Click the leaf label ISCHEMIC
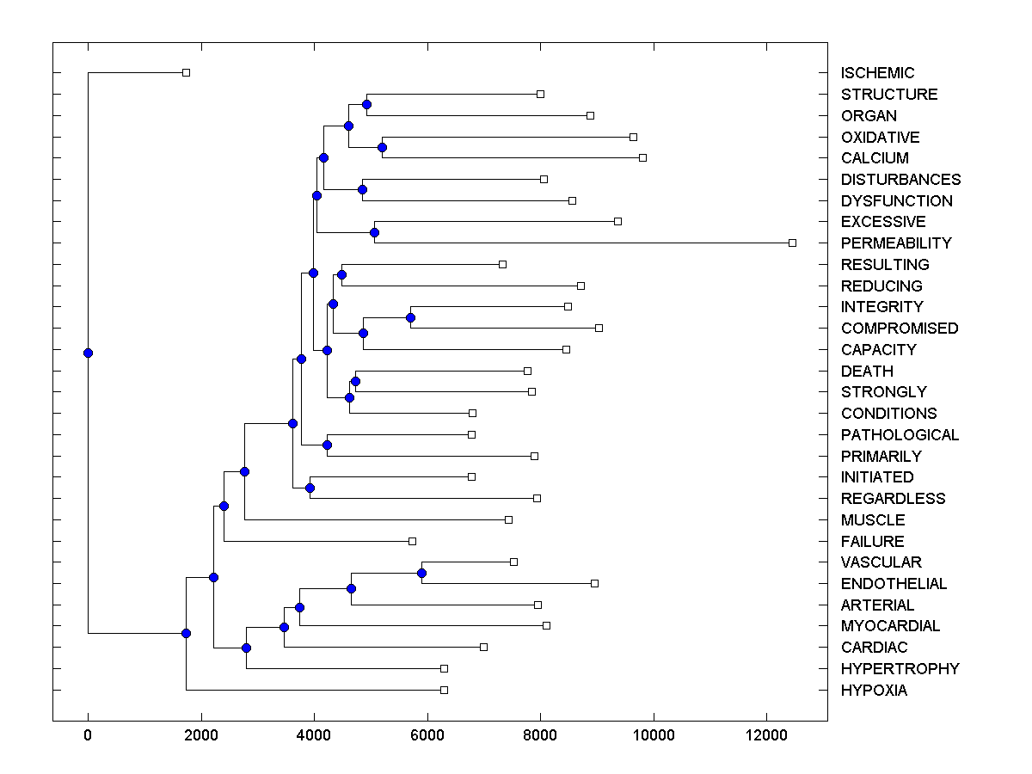[877, 73]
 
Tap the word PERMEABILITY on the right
[896, 243]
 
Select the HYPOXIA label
[874, 691]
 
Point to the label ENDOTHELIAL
[894, 584]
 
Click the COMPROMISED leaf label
[900, 329]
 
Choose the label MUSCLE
[873, 520]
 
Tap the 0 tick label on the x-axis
[88, 734]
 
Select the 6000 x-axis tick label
[427, 734]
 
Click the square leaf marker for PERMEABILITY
[792, 243]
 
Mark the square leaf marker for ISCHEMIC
[186, 72]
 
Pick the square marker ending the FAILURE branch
[412, 541]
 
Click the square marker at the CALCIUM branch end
[642, 157]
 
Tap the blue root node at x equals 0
[88, 353]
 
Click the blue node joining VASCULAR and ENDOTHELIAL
[421, 573]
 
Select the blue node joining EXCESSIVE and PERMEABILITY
[374, 232]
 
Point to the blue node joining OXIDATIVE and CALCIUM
[382, 147]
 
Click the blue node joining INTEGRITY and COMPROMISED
[410, 317]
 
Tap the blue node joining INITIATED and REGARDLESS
[310, 488]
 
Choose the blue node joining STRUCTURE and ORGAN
[366, 104]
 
